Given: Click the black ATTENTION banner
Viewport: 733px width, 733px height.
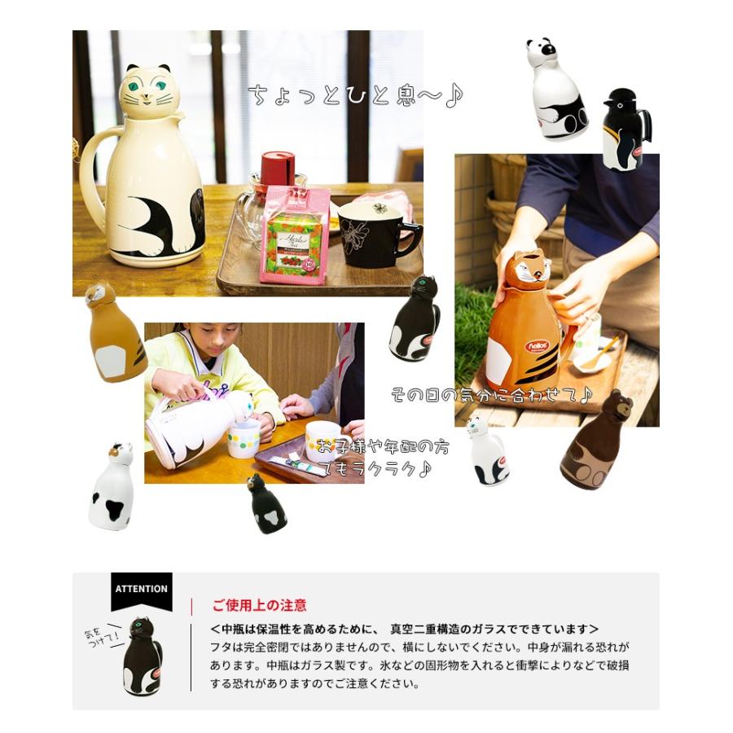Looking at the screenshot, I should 142,590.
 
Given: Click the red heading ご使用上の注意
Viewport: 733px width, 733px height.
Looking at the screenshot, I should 259,605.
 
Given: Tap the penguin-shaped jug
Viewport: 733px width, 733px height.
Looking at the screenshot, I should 625,130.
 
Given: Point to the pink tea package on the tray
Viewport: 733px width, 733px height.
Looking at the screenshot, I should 295,235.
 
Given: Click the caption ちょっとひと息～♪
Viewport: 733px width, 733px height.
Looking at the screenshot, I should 355,95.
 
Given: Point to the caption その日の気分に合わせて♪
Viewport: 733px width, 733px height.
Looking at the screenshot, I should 491,396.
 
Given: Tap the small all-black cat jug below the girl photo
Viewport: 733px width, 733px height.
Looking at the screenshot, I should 267,505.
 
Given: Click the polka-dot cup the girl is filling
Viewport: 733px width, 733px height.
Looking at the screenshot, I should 244,438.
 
